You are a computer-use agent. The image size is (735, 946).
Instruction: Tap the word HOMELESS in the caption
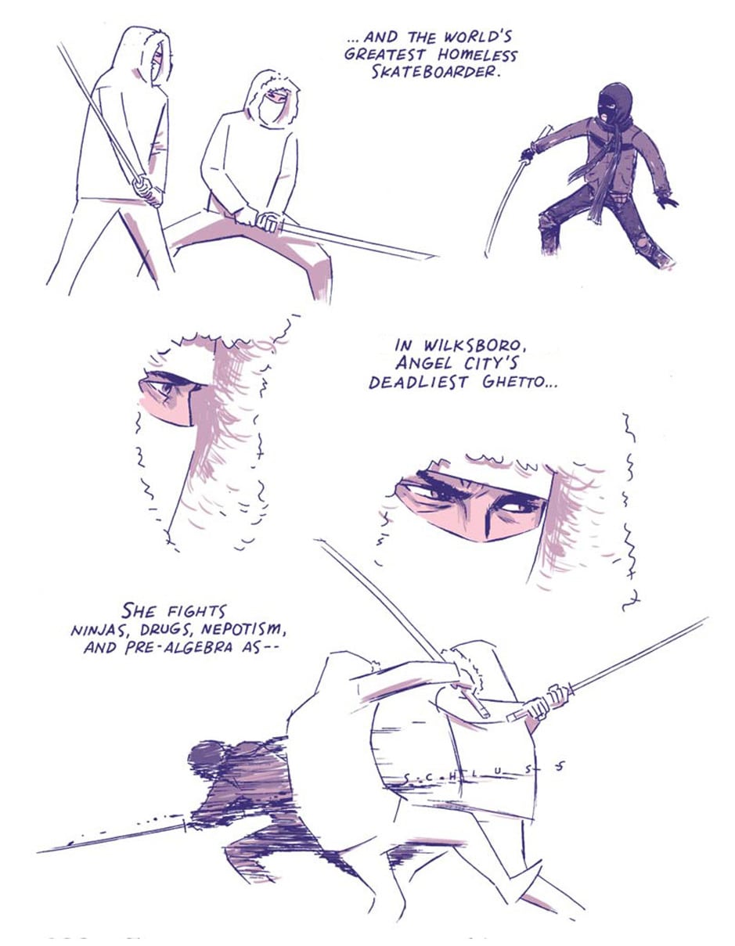477,55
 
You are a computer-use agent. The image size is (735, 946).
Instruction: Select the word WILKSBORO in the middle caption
475,346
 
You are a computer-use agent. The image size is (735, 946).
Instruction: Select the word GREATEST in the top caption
385,55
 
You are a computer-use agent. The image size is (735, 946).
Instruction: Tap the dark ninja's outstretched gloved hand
667,202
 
